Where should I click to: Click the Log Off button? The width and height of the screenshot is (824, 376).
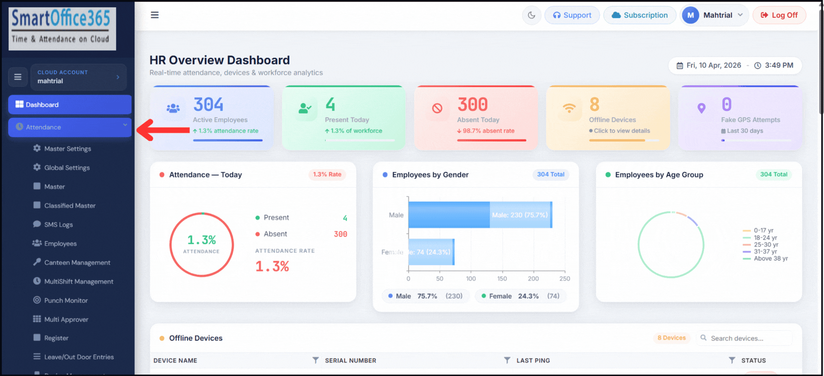[779, 15]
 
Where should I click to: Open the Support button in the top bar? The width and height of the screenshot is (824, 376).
[572, 15]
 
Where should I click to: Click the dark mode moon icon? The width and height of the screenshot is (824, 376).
[531, 15]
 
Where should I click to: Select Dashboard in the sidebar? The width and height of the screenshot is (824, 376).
[70, 105]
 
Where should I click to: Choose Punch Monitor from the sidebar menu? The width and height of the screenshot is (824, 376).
[66, 300]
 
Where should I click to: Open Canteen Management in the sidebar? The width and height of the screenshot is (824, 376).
[77, 262]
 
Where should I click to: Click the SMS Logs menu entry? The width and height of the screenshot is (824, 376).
[58, 225]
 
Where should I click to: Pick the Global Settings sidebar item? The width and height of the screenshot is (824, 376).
[67, 168]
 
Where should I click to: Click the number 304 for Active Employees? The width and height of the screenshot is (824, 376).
[208, 105]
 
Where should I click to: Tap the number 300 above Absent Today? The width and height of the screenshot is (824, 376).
[472, 105]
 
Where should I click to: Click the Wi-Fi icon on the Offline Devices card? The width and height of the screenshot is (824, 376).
[569, 108]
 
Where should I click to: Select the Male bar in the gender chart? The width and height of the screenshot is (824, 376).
[480, 215]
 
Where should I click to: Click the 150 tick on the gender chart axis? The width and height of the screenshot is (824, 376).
[502, 279]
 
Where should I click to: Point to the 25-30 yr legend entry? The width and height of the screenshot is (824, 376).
[766, 245]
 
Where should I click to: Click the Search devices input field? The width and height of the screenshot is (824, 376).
[749, 338]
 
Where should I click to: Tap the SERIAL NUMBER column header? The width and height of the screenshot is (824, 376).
[350, 361]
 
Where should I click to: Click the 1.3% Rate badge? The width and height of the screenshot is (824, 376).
[327, 175]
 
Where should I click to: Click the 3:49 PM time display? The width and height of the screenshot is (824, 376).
[778, 65]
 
